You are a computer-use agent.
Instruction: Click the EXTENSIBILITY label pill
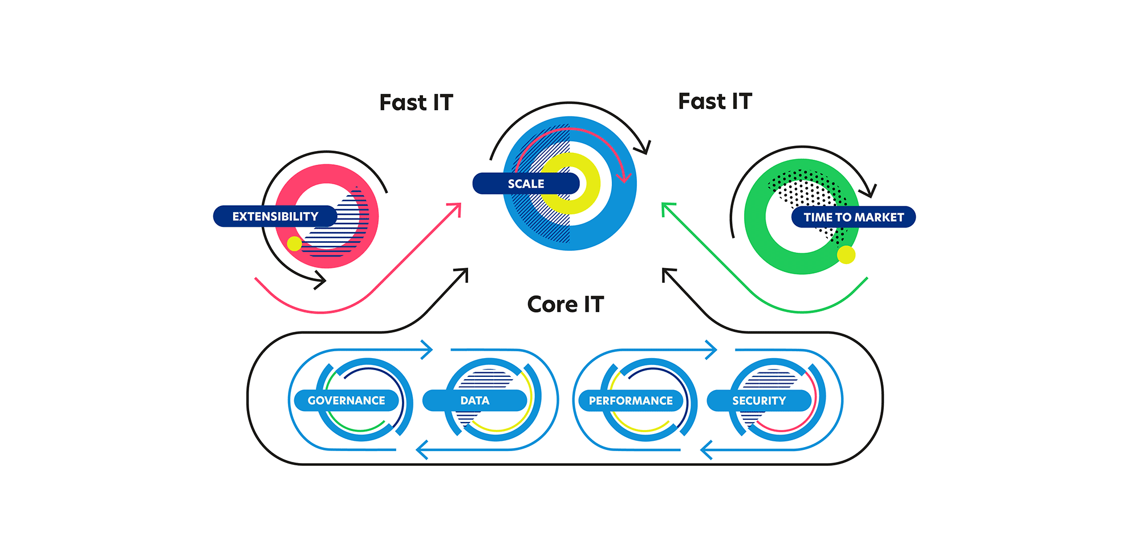(275, 216)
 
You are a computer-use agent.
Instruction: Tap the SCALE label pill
(526, 184)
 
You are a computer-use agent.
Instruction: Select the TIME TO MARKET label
(853, 217)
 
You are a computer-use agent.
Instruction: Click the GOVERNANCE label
(346, 400)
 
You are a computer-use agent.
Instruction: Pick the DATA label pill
(474, 400)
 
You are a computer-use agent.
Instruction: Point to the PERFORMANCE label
(631, 400)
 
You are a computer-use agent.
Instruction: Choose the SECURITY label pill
(759, 400)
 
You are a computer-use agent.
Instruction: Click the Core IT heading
(565, 305)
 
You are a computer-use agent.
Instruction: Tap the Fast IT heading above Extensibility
(416, 103)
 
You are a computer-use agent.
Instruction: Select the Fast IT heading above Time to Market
(715, 102)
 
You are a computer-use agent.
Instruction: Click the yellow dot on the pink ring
(294, 243)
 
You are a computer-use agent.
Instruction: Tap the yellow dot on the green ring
(846, 255)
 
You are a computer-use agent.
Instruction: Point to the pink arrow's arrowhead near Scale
(456, 207)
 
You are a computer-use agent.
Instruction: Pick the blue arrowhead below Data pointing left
(421, 450)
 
